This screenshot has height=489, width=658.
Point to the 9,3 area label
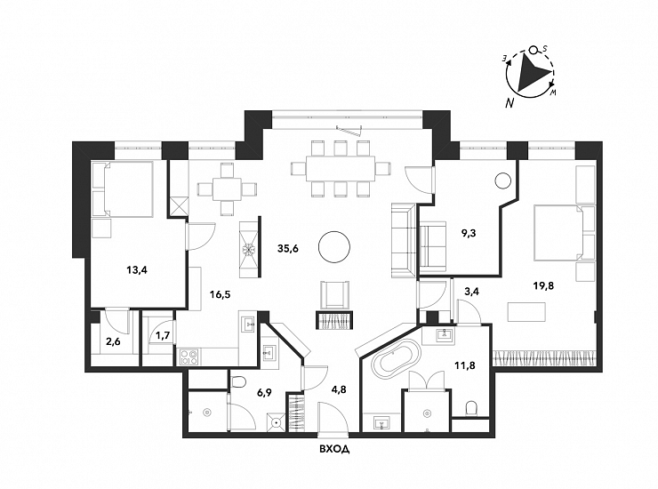click(467, 236)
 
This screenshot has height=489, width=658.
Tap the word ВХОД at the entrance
click(333, 449)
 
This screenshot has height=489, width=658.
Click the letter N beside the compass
click(510, 102)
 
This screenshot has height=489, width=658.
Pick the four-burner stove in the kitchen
click(189, 357)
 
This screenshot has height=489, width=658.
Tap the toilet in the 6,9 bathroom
click(237, 382)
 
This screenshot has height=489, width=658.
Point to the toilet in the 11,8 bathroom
click(472, 409)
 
